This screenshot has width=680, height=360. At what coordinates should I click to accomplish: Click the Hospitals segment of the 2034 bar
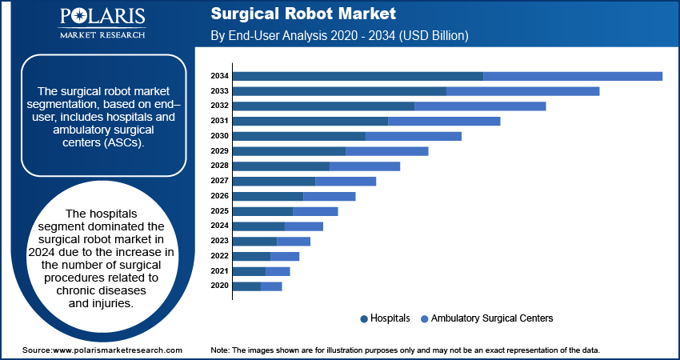(x=358, y=76)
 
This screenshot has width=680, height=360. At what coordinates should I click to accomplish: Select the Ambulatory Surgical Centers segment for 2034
(x=573, y=76)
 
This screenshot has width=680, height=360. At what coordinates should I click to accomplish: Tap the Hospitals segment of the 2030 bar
(x=298, y=136)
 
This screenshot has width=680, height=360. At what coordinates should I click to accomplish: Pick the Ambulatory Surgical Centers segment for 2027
(x=346, y=181)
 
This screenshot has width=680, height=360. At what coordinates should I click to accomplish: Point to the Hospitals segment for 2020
(x=246, y=286)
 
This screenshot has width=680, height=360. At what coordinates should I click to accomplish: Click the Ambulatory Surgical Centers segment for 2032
(x=480, y=106)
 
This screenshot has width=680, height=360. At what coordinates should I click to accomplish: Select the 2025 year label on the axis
(x=220, y=211)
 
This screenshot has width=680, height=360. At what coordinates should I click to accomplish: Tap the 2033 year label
(x=220, y=91)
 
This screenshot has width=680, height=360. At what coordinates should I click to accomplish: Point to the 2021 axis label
(x=220, y=271)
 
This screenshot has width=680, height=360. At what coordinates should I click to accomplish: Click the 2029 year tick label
(x=220, y=151)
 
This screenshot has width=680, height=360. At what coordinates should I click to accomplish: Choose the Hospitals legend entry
(x=386, y=318)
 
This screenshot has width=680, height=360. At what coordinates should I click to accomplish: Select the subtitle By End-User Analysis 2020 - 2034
(x=338, y=36)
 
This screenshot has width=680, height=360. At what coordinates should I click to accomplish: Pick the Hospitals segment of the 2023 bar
(x=254, y=241)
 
